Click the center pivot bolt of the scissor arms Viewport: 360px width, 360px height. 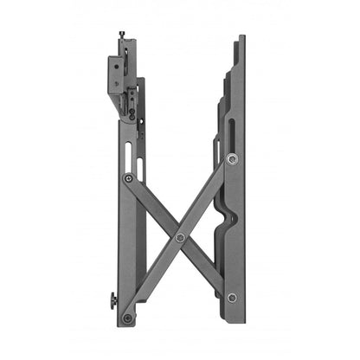point(180,237)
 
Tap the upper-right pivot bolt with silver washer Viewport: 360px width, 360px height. point(231,159)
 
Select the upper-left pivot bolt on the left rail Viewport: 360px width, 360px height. point(128,178)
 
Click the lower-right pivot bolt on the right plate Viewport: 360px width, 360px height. point(231,298)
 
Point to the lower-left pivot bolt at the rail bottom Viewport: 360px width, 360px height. point(128,318)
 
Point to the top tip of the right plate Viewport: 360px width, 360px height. point(241,38)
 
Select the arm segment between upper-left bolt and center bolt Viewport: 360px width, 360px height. point(154,208)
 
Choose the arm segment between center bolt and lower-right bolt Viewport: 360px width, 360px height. point(206,267)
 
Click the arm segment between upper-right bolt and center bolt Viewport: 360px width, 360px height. point(206,198)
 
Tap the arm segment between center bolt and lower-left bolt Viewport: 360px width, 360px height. point(154,277)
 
